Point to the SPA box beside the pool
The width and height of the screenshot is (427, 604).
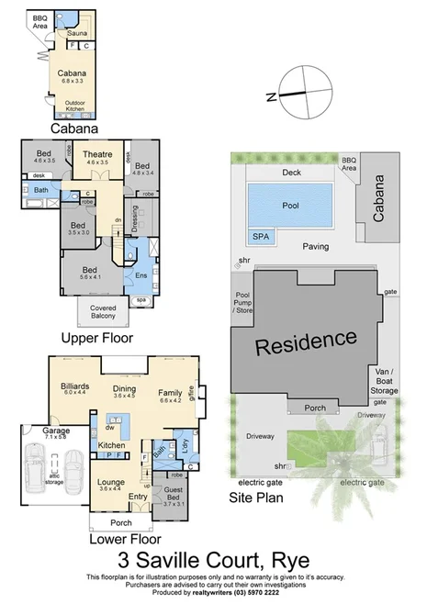coord(262,236)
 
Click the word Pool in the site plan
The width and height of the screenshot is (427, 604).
coord(292,205)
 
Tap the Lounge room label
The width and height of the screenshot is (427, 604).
coord(110,484)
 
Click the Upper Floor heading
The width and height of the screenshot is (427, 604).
coord(97,338)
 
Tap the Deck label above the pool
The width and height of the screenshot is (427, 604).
coord(292,172)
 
